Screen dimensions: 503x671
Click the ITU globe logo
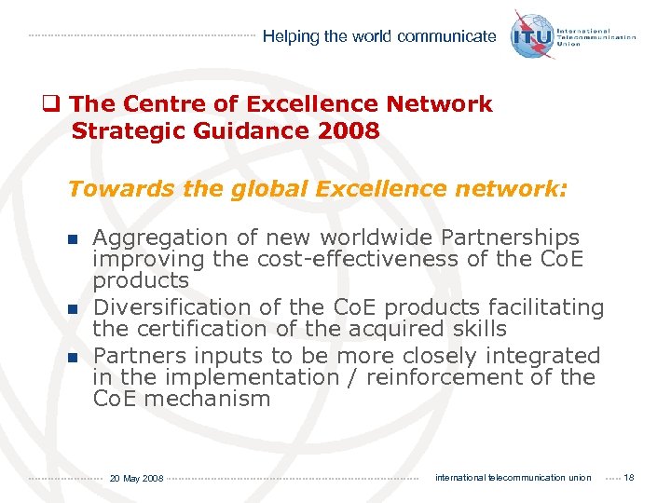point(532,34)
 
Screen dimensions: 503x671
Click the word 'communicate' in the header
point(446,36)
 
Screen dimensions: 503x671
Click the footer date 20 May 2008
point(136,478)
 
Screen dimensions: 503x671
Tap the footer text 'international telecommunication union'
point(513,478)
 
